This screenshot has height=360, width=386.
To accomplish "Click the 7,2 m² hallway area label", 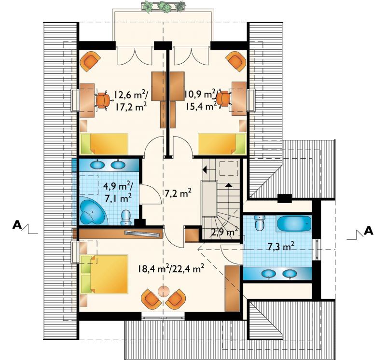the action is click(x=178, y=194).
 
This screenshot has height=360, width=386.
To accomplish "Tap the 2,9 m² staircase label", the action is click(x=224, y=232).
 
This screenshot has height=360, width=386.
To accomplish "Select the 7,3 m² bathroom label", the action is click(x=281, y=246).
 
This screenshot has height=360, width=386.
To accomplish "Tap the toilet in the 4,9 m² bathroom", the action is click(x=126, y=218).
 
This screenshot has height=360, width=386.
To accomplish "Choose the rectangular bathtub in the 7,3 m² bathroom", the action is click(x=294, y=223).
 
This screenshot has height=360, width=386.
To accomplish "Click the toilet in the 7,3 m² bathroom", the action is click(x=260, y=222).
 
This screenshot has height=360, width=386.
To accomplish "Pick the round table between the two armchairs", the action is click(x=164, y=291).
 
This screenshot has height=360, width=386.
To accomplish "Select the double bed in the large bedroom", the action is click(x=104, y=274).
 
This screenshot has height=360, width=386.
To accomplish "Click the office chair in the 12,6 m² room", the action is click(x=103, y=99).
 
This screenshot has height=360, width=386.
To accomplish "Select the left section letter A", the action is click(x=17, y=224).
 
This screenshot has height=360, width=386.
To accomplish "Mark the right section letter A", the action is click(x=369, y=231).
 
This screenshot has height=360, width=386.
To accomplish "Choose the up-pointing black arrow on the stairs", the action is click(x=228, y=185).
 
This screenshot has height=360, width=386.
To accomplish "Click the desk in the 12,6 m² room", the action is click(x=87, y=100).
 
